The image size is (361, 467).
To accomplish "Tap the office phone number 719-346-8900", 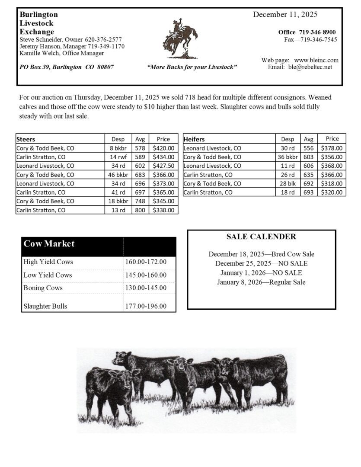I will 317,32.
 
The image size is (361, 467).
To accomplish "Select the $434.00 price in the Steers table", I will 163,157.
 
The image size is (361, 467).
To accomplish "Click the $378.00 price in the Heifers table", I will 332,148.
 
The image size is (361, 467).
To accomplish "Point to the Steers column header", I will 26,139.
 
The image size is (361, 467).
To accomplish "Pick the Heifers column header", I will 194,139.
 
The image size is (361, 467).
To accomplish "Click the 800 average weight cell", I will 140,210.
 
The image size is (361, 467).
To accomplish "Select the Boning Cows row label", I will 43,288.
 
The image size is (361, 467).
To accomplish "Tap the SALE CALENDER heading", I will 261,237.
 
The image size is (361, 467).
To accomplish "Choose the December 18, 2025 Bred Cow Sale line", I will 261,254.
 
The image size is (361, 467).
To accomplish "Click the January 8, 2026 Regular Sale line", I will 261,282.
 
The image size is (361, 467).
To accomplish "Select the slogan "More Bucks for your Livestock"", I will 192,67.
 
